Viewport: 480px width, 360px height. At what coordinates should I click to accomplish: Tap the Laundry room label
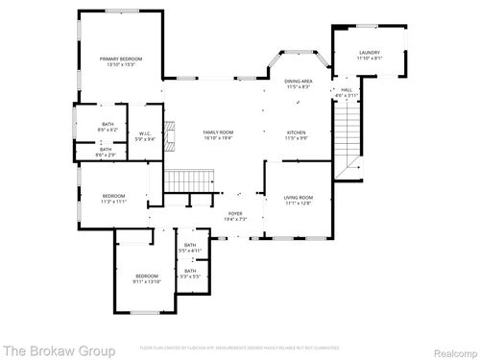click(370, 53)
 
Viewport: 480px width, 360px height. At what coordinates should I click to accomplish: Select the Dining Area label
click(297, 83)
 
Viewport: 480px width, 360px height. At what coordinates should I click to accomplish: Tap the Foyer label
click(235, 213)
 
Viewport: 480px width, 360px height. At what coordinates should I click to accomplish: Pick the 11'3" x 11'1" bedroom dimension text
click(114, 203)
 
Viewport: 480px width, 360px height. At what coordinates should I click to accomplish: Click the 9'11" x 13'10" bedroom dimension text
click(147, 279)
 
